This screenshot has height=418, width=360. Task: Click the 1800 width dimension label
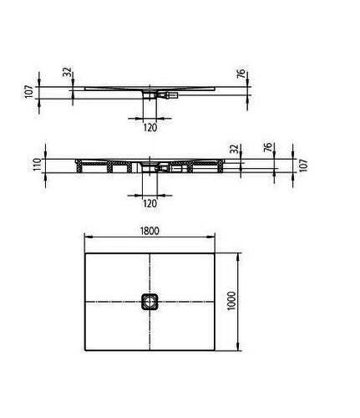(150, 231)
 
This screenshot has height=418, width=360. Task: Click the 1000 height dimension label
(231, 302)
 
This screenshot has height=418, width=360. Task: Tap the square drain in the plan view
(150, 302)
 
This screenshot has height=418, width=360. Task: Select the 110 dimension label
(38, 165)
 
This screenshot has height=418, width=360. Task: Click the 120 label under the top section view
(150, 128)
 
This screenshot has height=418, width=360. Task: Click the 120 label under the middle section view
(150, 204)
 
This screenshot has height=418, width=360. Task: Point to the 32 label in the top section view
(68, 72)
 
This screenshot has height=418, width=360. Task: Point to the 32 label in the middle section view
(236, 149)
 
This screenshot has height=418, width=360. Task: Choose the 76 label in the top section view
(241, 73)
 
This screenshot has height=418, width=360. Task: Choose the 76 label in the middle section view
(267, 147)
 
